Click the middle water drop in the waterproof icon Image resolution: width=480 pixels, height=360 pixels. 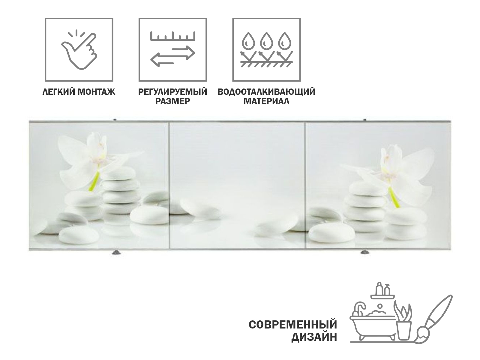pos(265,40)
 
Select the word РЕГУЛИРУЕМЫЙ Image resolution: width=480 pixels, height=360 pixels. pos(172,92)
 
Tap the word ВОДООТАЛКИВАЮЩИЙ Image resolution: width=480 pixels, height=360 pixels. pos(266,92)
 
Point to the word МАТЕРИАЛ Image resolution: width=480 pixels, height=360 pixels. pos(266,101)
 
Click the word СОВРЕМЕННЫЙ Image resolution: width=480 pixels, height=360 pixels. pos(293,325)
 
